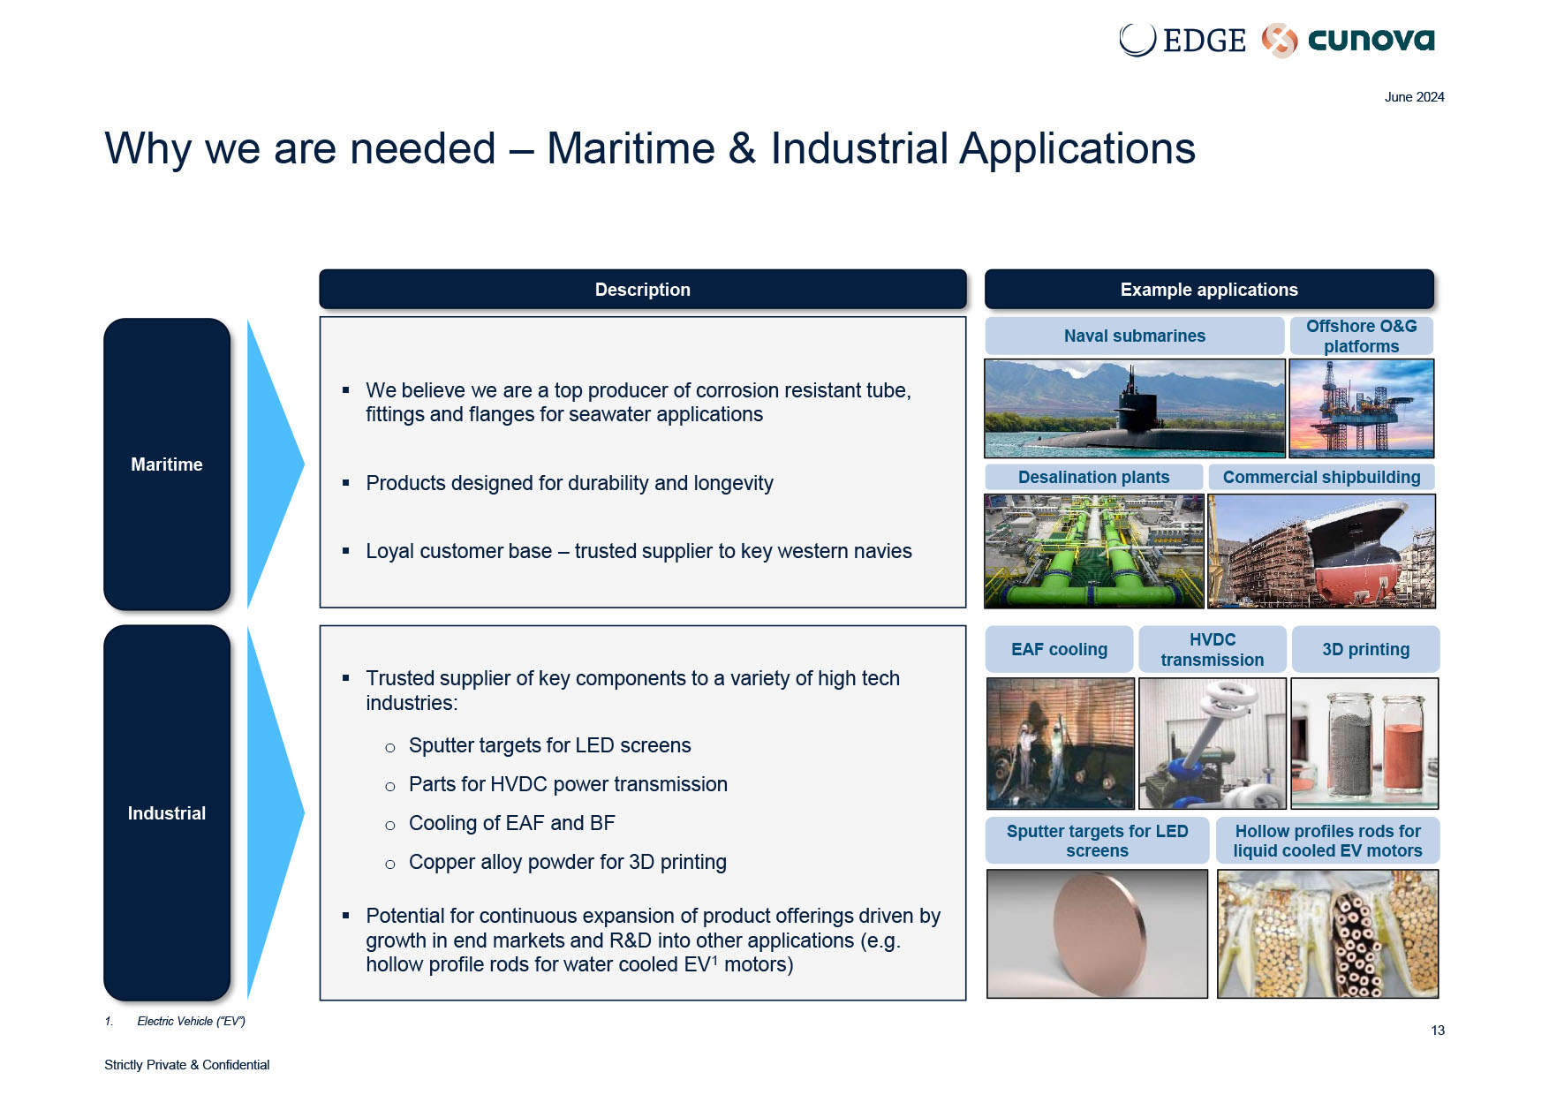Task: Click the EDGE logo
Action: click(1182, 40)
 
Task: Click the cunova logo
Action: click(1348, 40)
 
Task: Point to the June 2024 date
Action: click(1414, 97)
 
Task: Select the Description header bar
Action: click(642, 290)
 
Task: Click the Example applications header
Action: click(1209, 290)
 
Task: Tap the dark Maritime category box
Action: click(167, 464)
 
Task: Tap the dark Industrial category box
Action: click(167, 812)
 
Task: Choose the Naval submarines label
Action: click(1135, 336)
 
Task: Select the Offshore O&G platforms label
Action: click(1361, 336)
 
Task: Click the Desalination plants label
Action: click(1093, 477)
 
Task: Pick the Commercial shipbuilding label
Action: click(1321, 477)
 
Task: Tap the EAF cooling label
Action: click(1059, 649)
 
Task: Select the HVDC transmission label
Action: click(1213, 649)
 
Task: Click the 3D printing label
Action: click(1365, 649)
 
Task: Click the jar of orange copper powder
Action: click(1402, 746)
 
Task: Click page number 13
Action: click(1438, 1031)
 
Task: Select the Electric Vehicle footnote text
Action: click(191, 1021)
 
